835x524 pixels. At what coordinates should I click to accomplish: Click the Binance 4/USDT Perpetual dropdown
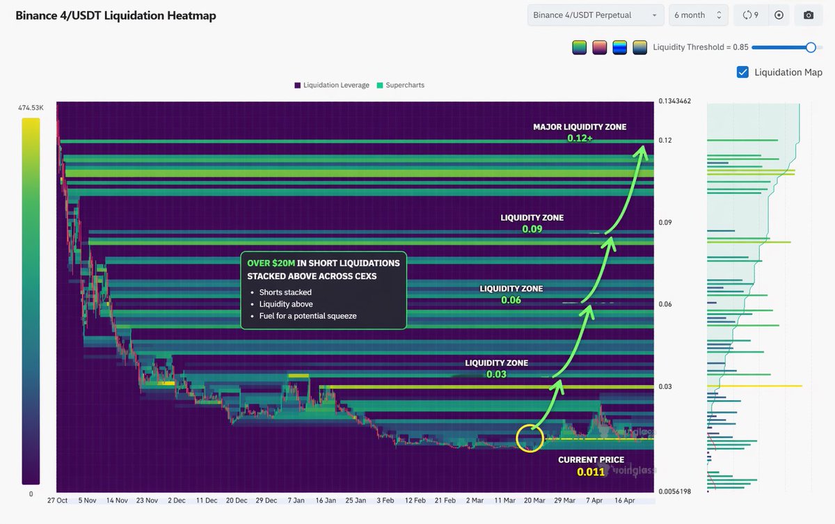[596, 15]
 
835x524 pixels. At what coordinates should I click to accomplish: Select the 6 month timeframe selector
[698, 15]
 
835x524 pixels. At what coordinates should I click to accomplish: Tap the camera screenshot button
[808, 15]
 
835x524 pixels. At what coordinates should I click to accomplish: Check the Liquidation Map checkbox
[742, 72]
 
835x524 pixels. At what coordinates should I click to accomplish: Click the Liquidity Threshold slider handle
[810, 47]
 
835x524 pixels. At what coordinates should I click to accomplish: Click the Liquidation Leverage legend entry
[331, 85]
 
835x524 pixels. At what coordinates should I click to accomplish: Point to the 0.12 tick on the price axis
[665, 141]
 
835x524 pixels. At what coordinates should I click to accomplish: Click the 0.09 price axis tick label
[665, 223]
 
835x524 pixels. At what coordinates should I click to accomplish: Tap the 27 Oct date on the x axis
[56, 500]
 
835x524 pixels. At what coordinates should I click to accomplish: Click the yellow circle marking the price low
[530, 438]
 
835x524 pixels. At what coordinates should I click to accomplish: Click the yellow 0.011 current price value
[591, 473]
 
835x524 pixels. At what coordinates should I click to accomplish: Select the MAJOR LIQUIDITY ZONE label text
[580, 127]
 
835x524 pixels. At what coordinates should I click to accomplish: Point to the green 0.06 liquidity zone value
[511, 301]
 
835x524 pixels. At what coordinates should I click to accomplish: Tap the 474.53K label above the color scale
[31, 108]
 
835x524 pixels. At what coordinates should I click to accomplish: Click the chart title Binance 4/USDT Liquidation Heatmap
[116, 15]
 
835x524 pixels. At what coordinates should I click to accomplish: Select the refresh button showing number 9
[750, 15]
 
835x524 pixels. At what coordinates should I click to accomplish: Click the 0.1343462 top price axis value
[674, 102]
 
